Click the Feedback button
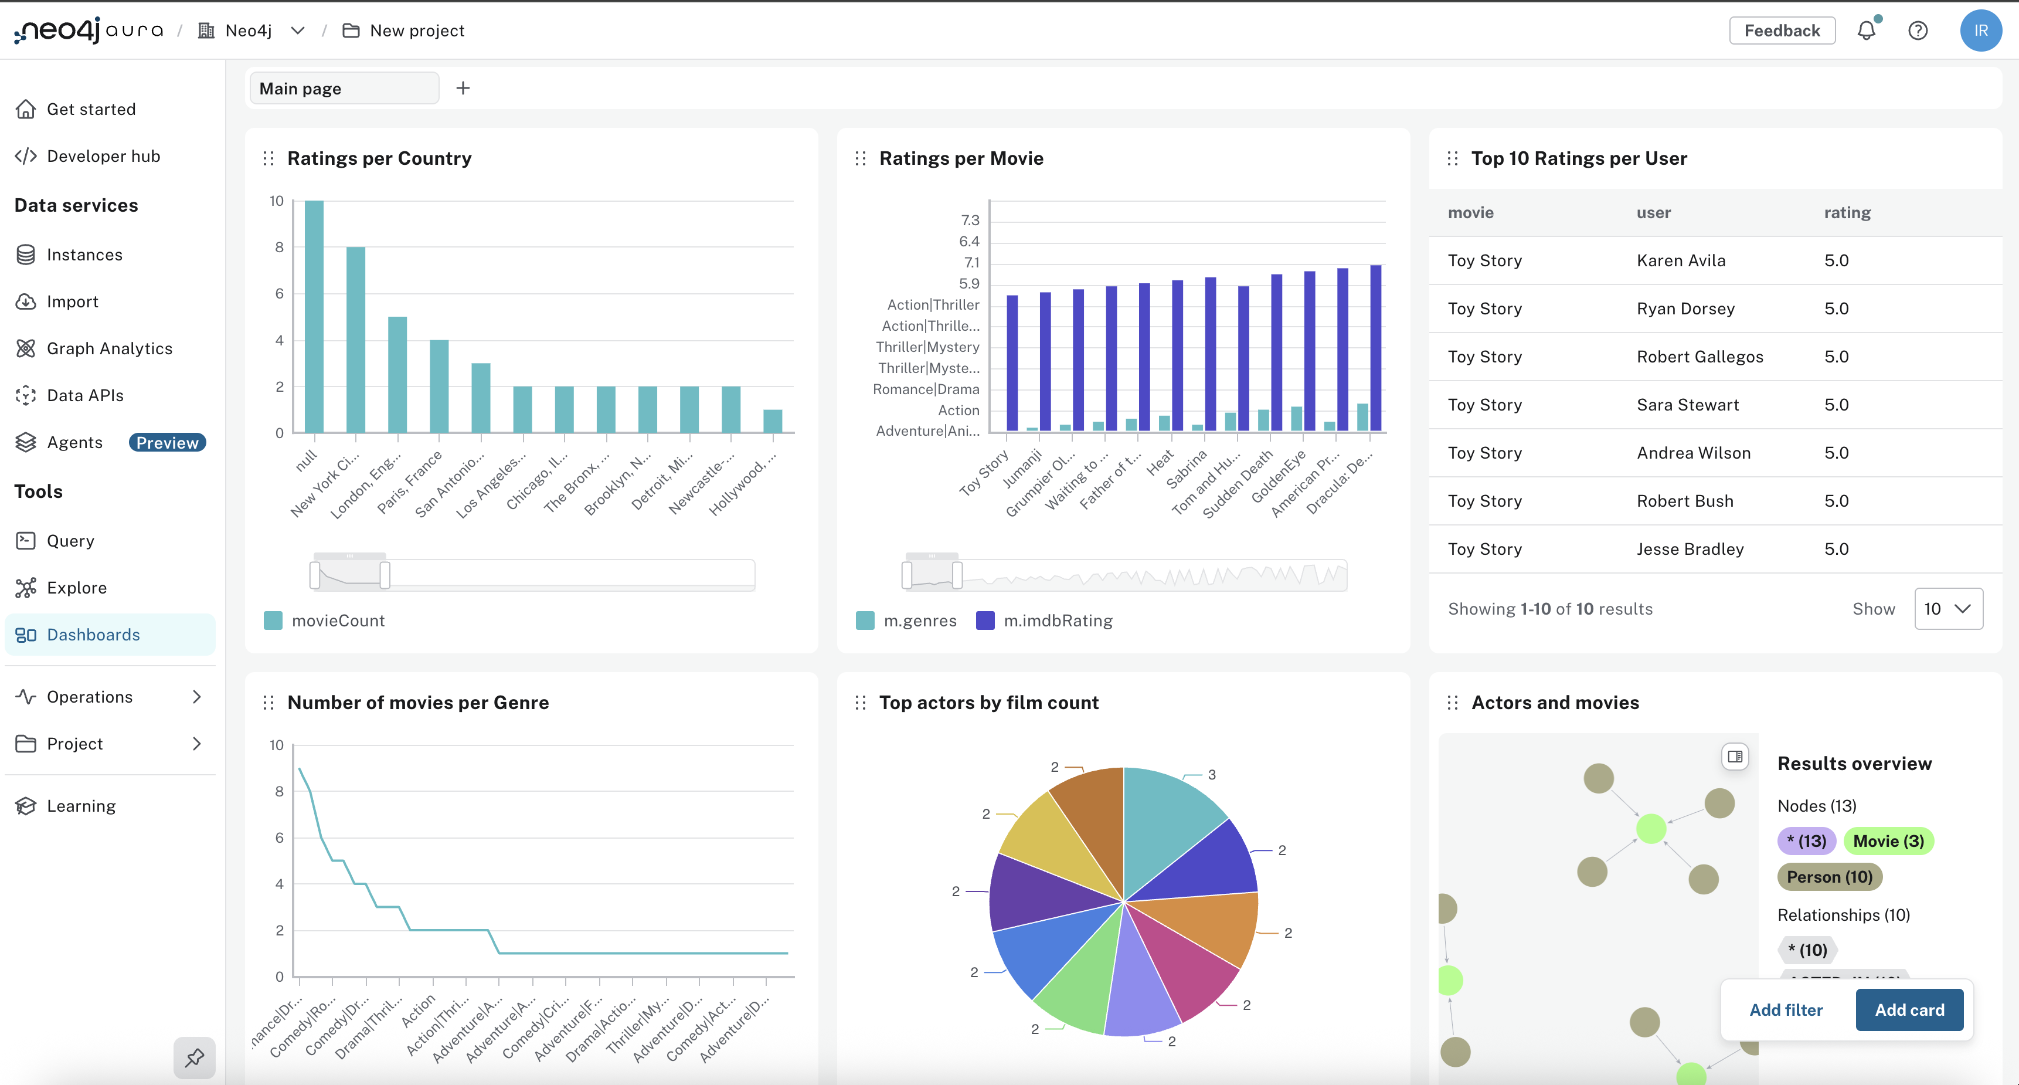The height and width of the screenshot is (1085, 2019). point(1782,30)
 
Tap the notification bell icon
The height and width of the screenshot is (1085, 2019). point(1866,30)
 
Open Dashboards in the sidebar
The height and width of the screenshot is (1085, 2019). point(93,634)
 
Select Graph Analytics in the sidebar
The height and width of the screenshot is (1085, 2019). point(109,348)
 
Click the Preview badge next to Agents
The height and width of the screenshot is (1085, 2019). point(167,442)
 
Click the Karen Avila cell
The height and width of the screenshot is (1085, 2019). point(1680,260)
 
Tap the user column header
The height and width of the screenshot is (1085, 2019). point(1653,212)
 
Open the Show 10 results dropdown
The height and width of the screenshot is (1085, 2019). point(1947,608)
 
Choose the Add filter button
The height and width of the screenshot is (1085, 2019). point(1786,1010)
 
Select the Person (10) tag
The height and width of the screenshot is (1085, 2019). point(1828,876)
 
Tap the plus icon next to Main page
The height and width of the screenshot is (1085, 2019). point(463,88)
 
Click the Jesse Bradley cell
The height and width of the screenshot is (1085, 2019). point(1690,549)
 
